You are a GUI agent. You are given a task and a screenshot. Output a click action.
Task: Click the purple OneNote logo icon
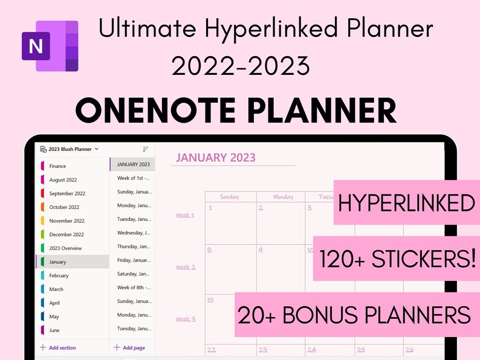click(x=50, y=46)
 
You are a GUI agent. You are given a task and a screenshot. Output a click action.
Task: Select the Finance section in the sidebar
click(x=58, y=166)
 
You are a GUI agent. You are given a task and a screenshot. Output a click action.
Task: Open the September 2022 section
click(x=66, y=194)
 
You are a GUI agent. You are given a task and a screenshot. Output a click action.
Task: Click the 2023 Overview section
click(x=65, y=248)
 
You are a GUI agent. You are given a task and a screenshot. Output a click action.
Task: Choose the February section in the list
click(x=59, y=275)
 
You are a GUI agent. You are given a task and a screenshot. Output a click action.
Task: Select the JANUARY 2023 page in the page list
click(x=133, y=164)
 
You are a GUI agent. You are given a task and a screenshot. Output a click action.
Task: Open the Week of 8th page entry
click(x=134, y=288)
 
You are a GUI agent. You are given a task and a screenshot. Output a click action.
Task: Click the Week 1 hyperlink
click(x=185, y=215)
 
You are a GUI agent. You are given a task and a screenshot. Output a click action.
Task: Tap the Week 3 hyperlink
click(x=185, y=319)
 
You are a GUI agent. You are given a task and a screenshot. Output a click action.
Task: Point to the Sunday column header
click(x=230, y=197)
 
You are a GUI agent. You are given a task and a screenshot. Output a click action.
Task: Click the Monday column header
click(x=282, y=197)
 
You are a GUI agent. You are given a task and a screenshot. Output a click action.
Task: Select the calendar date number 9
click(x=261, y=249)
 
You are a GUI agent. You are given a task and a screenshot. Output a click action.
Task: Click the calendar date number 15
click(x=210, y=300)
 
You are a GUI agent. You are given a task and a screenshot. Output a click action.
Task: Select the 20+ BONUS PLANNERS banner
click(x=354, y=315)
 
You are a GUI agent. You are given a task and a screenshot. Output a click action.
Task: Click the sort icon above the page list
click(x=145, y=149)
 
